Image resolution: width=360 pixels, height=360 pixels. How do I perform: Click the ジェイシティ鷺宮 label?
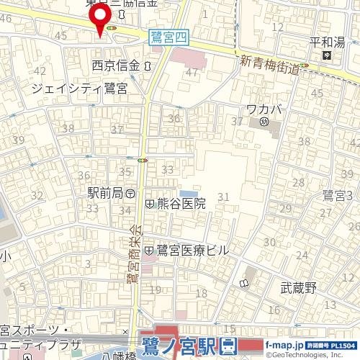click(x=80, y=88)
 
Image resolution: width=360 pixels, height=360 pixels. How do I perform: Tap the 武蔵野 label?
click(x=299, y=288)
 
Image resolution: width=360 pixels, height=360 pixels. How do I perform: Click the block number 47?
click(x=191, y=73)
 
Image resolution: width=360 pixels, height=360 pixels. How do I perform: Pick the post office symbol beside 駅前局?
click(x=130, y=194)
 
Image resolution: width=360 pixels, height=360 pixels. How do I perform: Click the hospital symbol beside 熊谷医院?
click(x=149, y=204)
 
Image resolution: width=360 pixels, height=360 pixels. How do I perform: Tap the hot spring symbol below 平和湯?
click(x=326, y=55)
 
